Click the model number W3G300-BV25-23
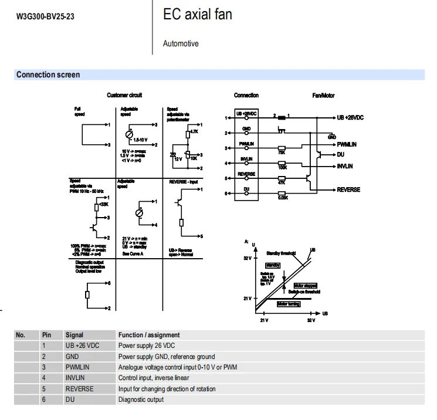point(45,16)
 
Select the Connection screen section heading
point(48,74)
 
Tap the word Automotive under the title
point(181,43)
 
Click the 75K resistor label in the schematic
point(282,153)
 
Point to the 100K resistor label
point(282,168)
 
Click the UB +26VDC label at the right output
point(350,117)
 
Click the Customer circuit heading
point(124,95)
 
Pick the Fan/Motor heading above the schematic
point(323,95)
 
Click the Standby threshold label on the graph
point(281,253)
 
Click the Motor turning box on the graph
point(289,304)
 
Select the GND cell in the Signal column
point(72,356)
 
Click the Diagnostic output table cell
point(141,399)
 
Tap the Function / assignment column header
point(149,335)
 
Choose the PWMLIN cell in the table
point(77,367)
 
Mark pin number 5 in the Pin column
point(44,389)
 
